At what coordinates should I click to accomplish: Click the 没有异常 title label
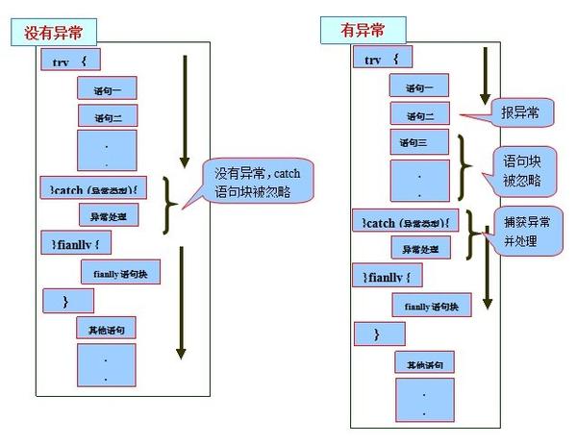tap(61, 33)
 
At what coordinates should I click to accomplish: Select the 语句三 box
tap(417, 143)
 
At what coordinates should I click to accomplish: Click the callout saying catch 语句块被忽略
tap(252, 184)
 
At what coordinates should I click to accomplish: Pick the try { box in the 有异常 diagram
tap(386, 59)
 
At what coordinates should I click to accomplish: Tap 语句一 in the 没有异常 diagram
tap(108, 87)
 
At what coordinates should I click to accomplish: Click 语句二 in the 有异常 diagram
tap(418, 114)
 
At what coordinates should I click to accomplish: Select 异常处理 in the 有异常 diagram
tap(419, 247)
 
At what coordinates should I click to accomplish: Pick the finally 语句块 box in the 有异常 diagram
tap(431, 306)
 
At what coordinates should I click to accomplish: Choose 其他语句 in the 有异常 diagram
tap(424, 362)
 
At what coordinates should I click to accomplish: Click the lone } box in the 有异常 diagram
tap(377, 333)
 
